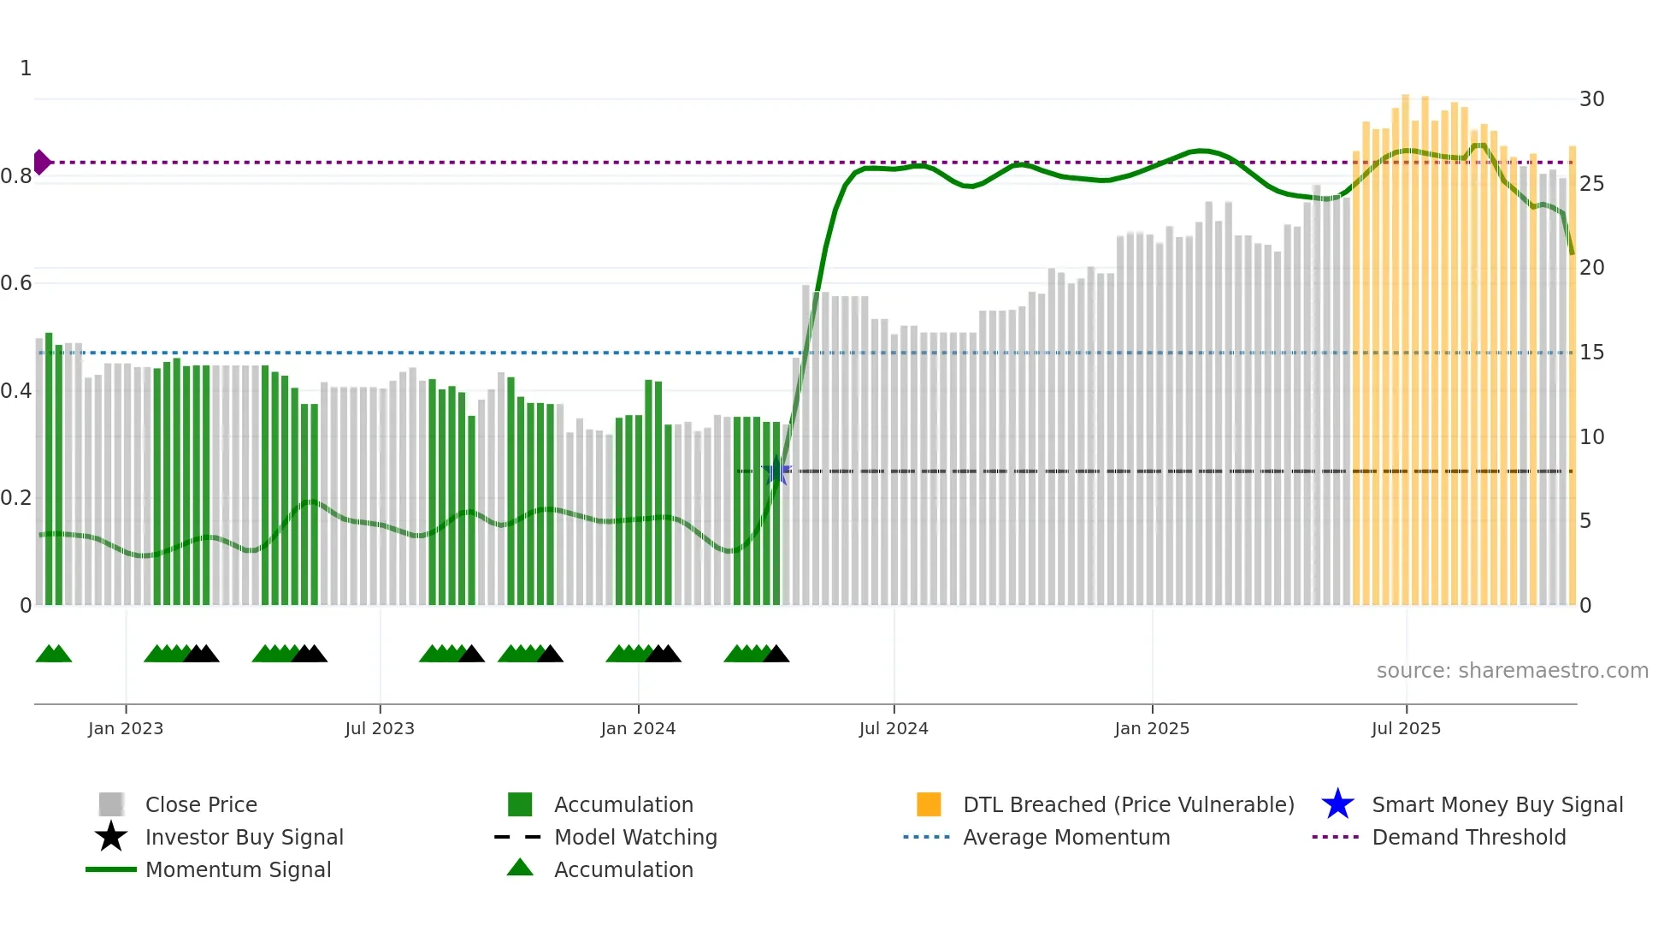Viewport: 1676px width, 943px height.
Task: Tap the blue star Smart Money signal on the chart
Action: [776, 471]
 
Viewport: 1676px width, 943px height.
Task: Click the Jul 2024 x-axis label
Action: [894, 728]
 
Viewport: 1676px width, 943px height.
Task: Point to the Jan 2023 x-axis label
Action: [126, 728]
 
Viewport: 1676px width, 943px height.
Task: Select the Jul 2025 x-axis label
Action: [1406, 728]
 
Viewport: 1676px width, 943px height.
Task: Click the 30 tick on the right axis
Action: [1591, 99]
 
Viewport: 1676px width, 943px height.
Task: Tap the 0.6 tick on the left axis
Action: [17, 283]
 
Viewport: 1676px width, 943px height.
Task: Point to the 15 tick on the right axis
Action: [1591, 353]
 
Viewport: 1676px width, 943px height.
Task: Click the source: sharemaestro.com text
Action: [1512, 671]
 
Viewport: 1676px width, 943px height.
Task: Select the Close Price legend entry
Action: [201, 804]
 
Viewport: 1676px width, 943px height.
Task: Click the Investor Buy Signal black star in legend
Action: [111, 837]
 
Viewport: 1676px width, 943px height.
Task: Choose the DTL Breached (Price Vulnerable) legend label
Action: [1128, 804]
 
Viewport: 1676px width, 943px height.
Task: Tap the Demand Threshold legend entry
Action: [1468, 837]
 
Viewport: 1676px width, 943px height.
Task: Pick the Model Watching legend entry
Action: [635, 837]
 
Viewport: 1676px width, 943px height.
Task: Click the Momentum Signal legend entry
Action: [238, 869]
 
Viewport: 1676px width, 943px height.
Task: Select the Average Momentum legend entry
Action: [1065, 837]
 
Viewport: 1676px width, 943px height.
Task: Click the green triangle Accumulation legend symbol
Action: [520, 868]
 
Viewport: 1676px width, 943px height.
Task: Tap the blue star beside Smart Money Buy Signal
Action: [1337, 804]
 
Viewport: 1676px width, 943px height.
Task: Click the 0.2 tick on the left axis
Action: [17, 498]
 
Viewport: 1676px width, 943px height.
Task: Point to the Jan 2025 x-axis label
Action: [1152, 728]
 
